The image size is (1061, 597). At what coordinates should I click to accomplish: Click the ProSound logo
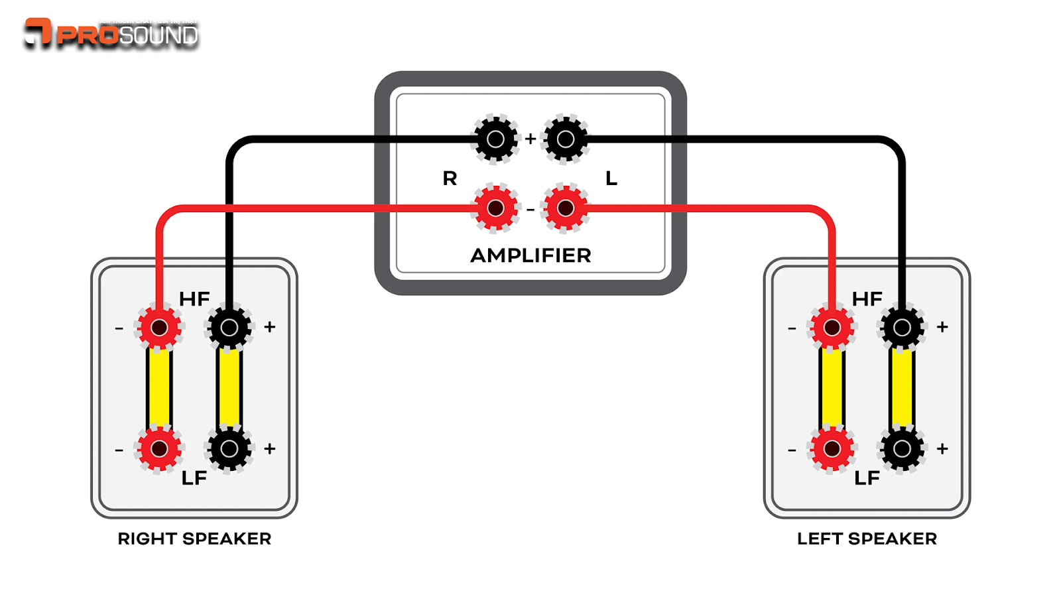[111, 33]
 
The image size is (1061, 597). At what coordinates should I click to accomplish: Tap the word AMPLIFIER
[530, 255]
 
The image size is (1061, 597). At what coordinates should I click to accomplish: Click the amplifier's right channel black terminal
[495, 139]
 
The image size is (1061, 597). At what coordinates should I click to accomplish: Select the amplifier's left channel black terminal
[566, 139]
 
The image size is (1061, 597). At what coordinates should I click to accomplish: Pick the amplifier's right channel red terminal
[495, 208]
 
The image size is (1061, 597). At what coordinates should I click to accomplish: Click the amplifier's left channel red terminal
[566, 208]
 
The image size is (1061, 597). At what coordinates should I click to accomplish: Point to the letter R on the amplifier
[450, 178]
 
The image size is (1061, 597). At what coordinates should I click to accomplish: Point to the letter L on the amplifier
[611, 178]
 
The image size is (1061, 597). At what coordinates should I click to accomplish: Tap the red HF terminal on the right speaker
[159, 327]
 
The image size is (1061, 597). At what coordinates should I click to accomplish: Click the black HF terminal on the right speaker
[229, 327]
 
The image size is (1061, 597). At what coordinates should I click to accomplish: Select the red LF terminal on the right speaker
[159, 448]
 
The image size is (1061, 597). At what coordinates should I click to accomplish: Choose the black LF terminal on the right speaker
[229, 448]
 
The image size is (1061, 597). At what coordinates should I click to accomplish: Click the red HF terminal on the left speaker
[832, 327]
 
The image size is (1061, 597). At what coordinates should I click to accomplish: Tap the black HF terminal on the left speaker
[902, 327]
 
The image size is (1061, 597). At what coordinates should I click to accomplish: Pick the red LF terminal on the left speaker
[832, 448]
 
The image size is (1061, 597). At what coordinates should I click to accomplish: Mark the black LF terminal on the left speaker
[902, 448]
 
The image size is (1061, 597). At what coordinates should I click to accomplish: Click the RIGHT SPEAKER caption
[194, 539]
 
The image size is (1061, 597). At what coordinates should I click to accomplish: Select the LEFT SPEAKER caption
[867, 539]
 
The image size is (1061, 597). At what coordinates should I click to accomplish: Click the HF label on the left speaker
[867, 299]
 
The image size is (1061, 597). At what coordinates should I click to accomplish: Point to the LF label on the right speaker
[194, 478]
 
